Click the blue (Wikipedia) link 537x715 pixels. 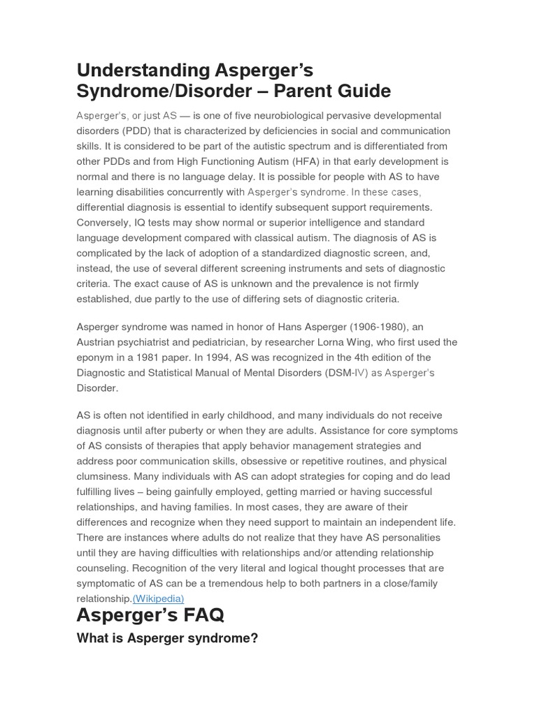(158, 598)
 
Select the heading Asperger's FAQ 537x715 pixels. (150, 616)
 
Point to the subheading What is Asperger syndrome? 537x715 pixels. (167, 638)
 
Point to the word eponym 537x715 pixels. (96, 357)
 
